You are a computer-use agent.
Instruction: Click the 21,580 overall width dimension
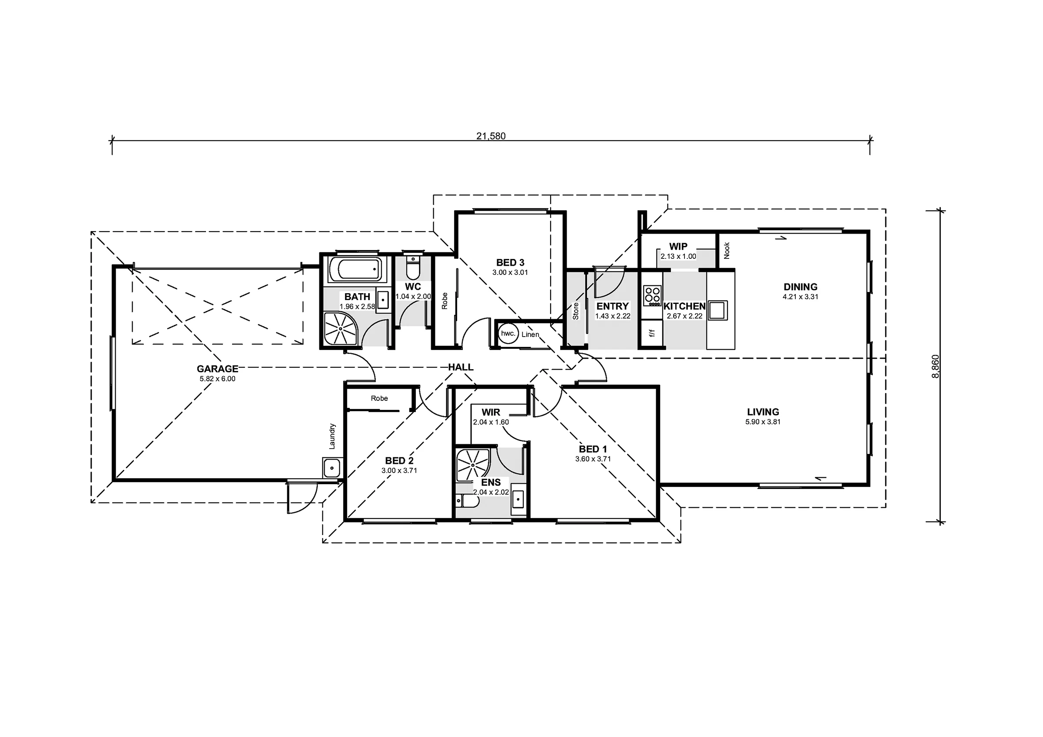[491, 136]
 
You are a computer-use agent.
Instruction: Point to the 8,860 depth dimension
[935, 367]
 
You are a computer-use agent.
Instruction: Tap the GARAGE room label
[217, 369]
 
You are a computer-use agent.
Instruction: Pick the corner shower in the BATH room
[341, 328]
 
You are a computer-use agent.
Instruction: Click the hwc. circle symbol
[508, 333]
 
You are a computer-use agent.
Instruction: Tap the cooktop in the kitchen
[652, 296]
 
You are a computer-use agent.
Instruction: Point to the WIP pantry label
[678, 246]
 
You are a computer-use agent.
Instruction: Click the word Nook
[727, 251]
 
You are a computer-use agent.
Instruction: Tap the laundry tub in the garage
[332, 467]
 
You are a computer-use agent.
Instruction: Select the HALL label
[461, 367]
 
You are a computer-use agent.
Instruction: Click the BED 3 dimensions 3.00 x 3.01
[510, 272]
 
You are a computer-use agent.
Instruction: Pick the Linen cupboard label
[530, 335]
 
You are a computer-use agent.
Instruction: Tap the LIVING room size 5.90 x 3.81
[763, 422]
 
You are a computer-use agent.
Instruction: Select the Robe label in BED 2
[379, 398]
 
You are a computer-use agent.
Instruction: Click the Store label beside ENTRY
[575, 311]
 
